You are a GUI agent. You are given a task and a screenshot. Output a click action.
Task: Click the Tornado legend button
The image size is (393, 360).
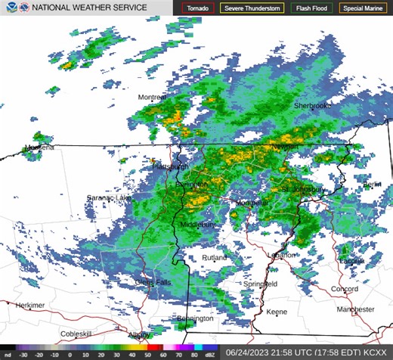pos(198,8)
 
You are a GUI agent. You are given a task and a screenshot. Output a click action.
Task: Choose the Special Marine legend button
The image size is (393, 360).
pos(364,8)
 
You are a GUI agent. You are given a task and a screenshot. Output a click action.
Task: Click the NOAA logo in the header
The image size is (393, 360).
pos(8,8)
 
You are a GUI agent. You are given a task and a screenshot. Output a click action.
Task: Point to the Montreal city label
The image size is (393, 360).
pos(152,98)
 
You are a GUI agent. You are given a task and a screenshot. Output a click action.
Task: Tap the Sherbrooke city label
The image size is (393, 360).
pos(313,106)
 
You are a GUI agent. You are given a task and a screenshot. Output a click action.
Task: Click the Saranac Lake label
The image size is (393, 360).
pos(108,197)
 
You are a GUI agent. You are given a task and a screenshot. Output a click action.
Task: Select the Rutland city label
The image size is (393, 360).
pos(214,258)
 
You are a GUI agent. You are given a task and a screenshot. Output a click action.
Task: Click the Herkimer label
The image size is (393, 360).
pos(30,305)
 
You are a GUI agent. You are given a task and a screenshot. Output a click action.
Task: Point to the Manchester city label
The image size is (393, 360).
pos(355,309)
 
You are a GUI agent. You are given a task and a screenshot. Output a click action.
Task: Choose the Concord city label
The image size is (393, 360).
pos(344,289)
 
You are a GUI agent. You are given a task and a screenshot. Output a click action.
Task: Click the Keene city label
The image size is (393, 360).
pos(277,312)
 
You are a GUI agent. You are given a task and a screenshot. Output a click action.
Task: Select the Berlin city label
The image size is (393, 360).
pos(373,185)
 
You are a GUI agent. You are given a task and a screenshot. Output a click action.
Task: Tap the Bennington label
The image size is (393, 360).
pos(195,320)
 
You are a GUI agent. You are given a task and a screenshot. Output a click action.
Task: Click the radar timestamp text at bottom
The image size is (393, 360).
pos(305,352)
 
